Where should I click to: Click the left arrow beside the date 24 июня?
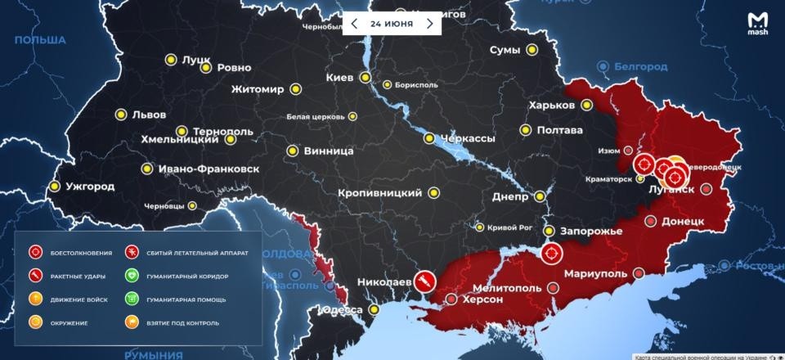point(354,23)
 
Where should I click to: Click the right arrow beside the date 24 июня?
point(429,23)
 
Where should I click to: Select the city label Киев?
point(339,78)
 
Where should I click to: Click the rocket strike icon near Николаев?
point(424,282)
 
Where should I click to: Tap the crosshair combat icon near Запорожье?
point(551,254)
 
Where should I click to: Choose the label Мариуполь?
point(594,273)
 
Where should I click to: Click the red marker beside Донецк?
point(651,221)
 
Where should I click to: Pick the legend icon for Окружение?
point(36,323)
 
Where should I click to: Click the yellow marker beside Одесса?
point(375,310)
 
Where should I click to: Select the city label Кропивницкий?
point(379,193)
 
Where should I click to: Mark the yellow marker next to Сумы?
point(532,50)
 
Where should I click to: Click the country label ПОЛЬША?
point(40,40)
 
